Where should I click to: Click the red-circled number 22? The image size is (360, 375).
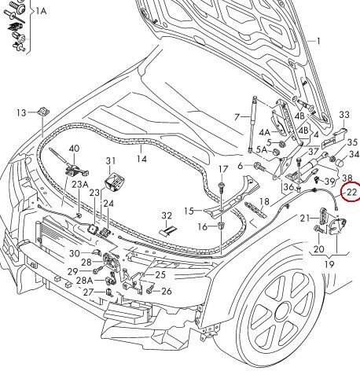pyautogui.click(x=351, y=193)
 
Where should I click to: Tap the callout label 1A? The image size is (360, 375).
pyautogui.click(x=41, y=11)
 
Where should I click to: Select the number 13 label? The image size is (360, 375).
pyautogui.click(x=21, y=113)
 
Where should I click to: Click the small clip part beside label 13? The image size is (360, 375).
pyautogui.click(x=43, y=112)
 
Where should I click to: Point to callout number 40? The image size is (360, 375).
pyautogui.click(x=74, y=149)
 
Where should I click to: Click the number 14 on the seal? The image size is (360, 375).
pyautogui.click(x=141, y=159)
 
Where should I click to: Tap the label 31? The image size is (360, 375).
pyautogui.click(x=110, y=160)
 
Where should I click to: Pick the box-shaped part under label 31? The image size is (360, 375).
pyautogui.click(x=114, y=182)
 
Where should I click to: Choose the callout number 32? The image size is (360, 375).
pyautogui.click(x=167, y=215)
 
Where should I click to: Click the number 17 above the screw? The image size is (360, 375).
pyautogui.click(x=223, y=169)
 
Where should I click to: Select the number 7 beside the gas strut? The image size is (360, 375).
pyautogui.click(x=237, y=117)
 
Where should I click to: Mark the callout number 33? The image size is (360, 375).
pyautogui.click(x=344, y=115)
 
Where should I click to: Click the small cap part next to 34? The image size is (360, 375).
pyautogui.click(x=340, y=163)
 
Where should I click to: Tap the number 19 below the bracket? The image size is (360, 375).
pyautogui.click(x=329, y=264)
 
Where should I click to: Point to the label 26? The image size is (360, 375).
pyautogui.click(x=167, y=291)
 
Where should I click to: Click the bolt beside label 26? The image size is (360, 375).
pyautogui.click(x=150, y=290)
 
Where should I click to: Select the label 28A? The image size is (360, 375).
pyautogui.click(x=84, y=281)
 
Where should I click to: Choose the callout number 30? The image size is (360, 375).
pyautogui.click(x=75, y=253)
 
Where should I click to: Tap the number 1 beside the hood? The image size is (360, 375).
pyautogui.click(x=318, y=41)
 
